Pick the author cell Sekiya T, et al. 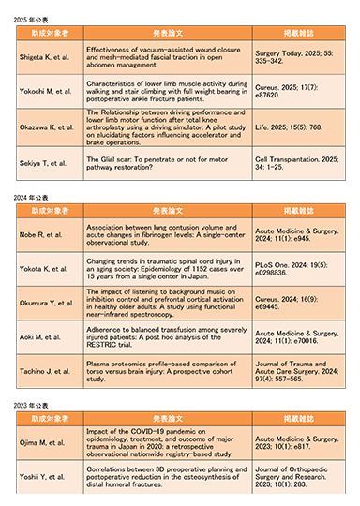(x=44, y=162)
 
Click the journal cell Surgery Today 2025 (x=291, y=55)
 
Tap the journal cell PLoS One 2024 (x=290, y=268)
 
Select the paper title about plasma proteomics (x=163, y=372)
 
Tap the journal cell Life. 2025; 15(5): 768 (x=291, y=126)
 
